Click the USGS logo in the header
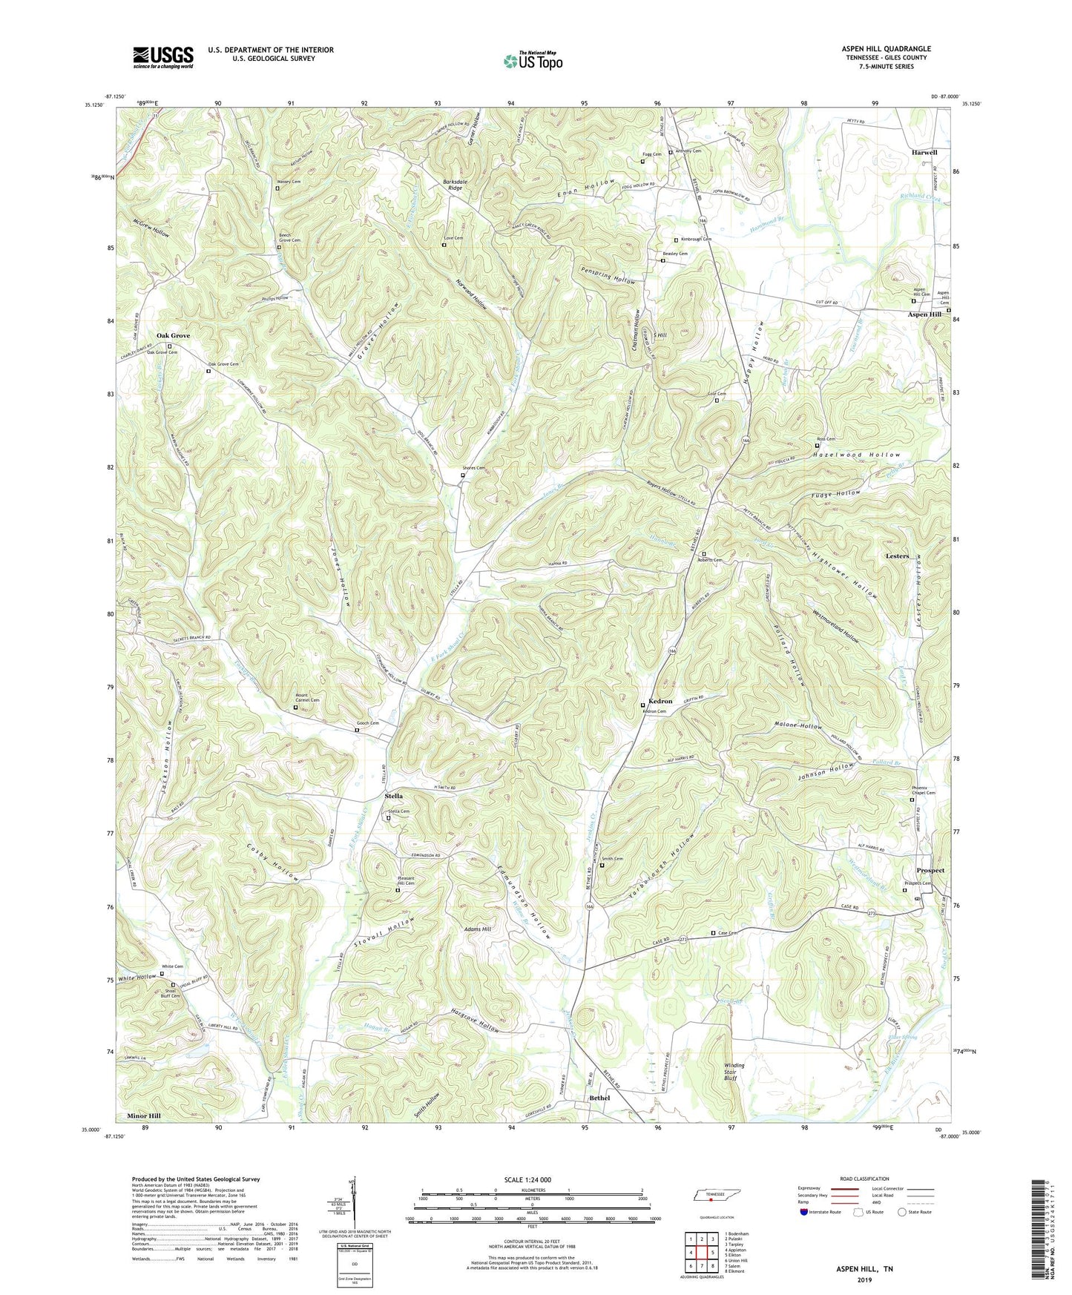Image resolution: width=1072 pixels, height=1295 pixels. tap(163, 57)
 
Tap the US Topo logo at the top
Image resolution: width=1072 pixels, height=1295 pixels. tap(533, 61)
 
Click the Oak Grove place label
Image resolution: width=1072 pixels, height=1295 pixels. tap(173, 335)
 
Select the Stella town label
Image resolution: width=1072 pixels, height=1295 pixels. tap(393, 796)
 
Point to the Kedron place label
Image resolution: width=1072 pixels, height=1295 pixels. tap(660, 701)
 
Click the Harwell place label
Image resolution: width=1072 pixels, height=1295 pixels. tap(924, 152)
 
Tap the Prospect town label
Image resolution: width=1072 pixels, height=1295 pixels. tap(930, 870)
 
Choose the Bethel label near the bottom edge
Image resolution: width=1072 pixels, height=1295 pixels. tap(599, 1098)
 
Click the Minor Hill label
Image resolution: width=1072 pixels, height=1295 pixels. tap(143, 1116)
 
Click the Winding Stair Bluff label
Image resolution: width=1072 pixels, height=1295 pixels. tap(734, 1072)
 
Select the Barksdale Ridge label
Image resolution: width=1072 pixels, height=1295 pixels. tap(455, 184)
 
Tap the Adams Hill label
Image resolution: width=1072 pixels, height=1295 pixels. tap(477, 929)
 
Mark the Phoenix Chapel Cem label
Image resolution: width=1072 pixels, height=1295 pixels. tap(923, 790)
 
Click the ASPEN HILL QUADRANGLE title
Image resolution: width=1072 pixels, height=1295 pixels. tap(887, 49)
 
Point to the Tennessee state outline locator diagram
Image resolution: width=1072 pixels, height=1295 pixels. tap(710, 1196)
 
